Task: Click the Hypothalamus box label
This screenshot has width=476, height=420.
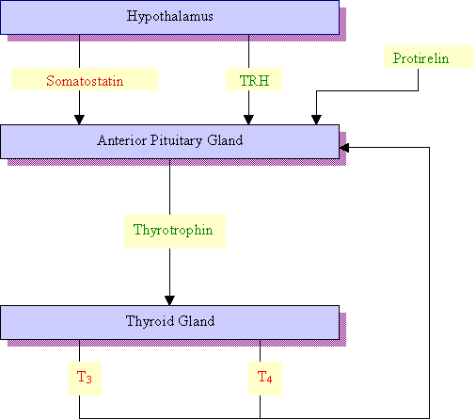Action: coord(170,16)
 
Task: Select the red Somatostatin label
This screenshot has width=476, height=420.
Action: coord(85,81)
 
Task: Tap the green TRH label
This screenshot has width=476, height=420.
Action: coord(254,81)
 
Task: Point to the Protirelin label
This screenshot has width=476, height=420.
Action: coord(420,58)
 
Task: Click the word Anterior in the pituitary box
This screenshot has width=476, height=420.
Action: coord(121,140)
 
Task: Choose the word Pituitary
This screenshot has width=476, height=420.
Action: coord(176,141)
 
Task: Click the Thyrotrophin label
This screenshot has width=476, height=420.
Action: coord(173,230)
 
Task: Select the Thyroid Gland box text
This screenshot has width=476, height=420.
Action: coord(170,321)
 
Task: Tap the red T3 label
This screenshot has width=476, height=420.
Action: coord(85,377)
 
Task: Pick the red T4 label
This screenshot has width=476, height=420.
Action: coord(265,377)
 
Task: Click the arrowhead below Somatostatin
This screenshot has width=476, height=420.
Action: coord(79,120)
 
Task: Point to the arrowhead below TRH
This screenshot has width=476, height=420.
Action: coord(248,120)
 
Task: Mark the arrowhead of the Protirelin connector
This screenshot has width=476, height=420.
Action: coord(316,120)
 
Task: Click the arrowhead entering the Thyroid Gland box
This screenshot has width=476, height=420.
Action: coord(169,300)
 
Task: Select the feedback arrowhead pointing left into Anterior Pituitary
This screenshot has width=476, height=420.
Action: coord(344,148)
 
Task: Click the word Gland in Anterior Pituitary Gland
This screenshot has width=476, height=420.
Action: coord(225,140)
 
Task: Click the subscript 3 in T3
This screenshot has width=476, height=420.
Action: coord(89,380)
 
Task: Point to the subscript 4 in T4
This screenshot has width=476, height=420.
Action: coord(269,380)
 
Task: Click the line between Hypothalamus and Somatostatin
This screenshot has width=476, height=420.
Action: coord(79,51)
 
